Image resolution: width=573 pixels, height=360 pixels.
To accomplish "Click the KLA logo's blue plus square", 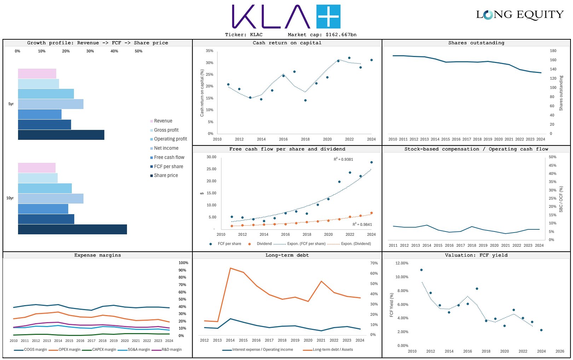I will (328, 16).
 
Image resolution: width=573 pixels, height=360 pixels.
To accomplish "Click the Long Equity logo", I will (520, 15).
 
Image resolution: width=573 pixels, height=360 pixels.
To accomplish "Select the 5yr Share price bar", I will (61, 135).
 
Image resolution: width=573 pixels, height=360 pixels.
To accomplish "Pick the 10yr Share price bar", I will (73, 229).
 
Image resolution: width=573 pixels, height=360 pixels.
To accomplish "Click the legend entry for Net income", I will (166, 148).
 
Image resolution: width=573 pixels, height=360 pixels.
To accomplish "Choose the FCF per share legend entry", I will (168, 166).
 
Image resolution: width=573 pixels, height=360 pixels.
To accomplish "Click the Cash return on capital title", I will (287, 43).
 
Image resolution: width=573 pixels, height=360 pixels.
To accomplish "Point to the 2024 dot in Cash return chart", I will (371, 60).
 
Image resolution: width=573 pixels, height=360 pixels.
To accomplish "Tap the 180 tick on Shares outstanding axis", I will (553, 51).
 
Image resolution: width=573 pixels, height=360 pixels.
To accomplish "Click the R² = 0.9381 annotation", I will (343, 159).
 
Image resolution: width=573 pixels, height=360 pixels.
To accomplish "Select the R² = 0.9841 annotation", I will (362, 224).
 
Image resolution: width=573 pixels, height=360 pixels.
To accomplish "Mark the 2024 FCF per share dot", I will (371, 162).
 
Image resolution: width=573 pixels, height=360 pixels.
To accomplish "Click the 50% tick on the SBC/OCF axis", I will (552, 157).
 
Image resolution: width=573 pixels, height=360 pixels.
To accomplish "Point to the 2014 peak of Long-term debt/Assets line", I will (230, 268).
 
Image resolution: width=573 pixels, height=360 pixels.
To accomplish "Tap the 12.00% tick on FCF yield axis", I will (402, 263).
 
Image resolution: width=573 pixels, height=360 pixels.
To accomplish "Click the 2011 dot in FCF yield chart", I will (421, 270).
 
